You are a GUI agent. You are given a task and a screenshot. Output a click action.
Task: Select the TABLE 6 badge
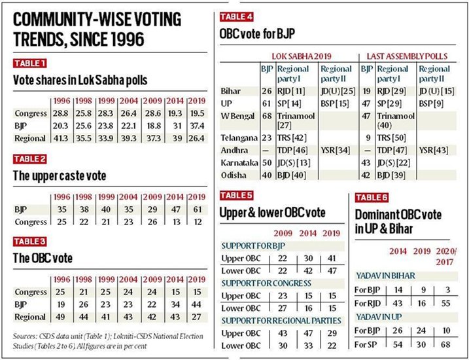(x=374, y=196)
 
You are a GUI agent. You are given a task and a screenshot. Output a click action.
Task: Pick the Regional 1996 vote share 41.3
(x=60, y=138)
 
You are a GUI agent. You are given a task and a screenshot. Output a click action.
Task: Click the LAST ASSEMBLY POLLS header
(x=409, y=57)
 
